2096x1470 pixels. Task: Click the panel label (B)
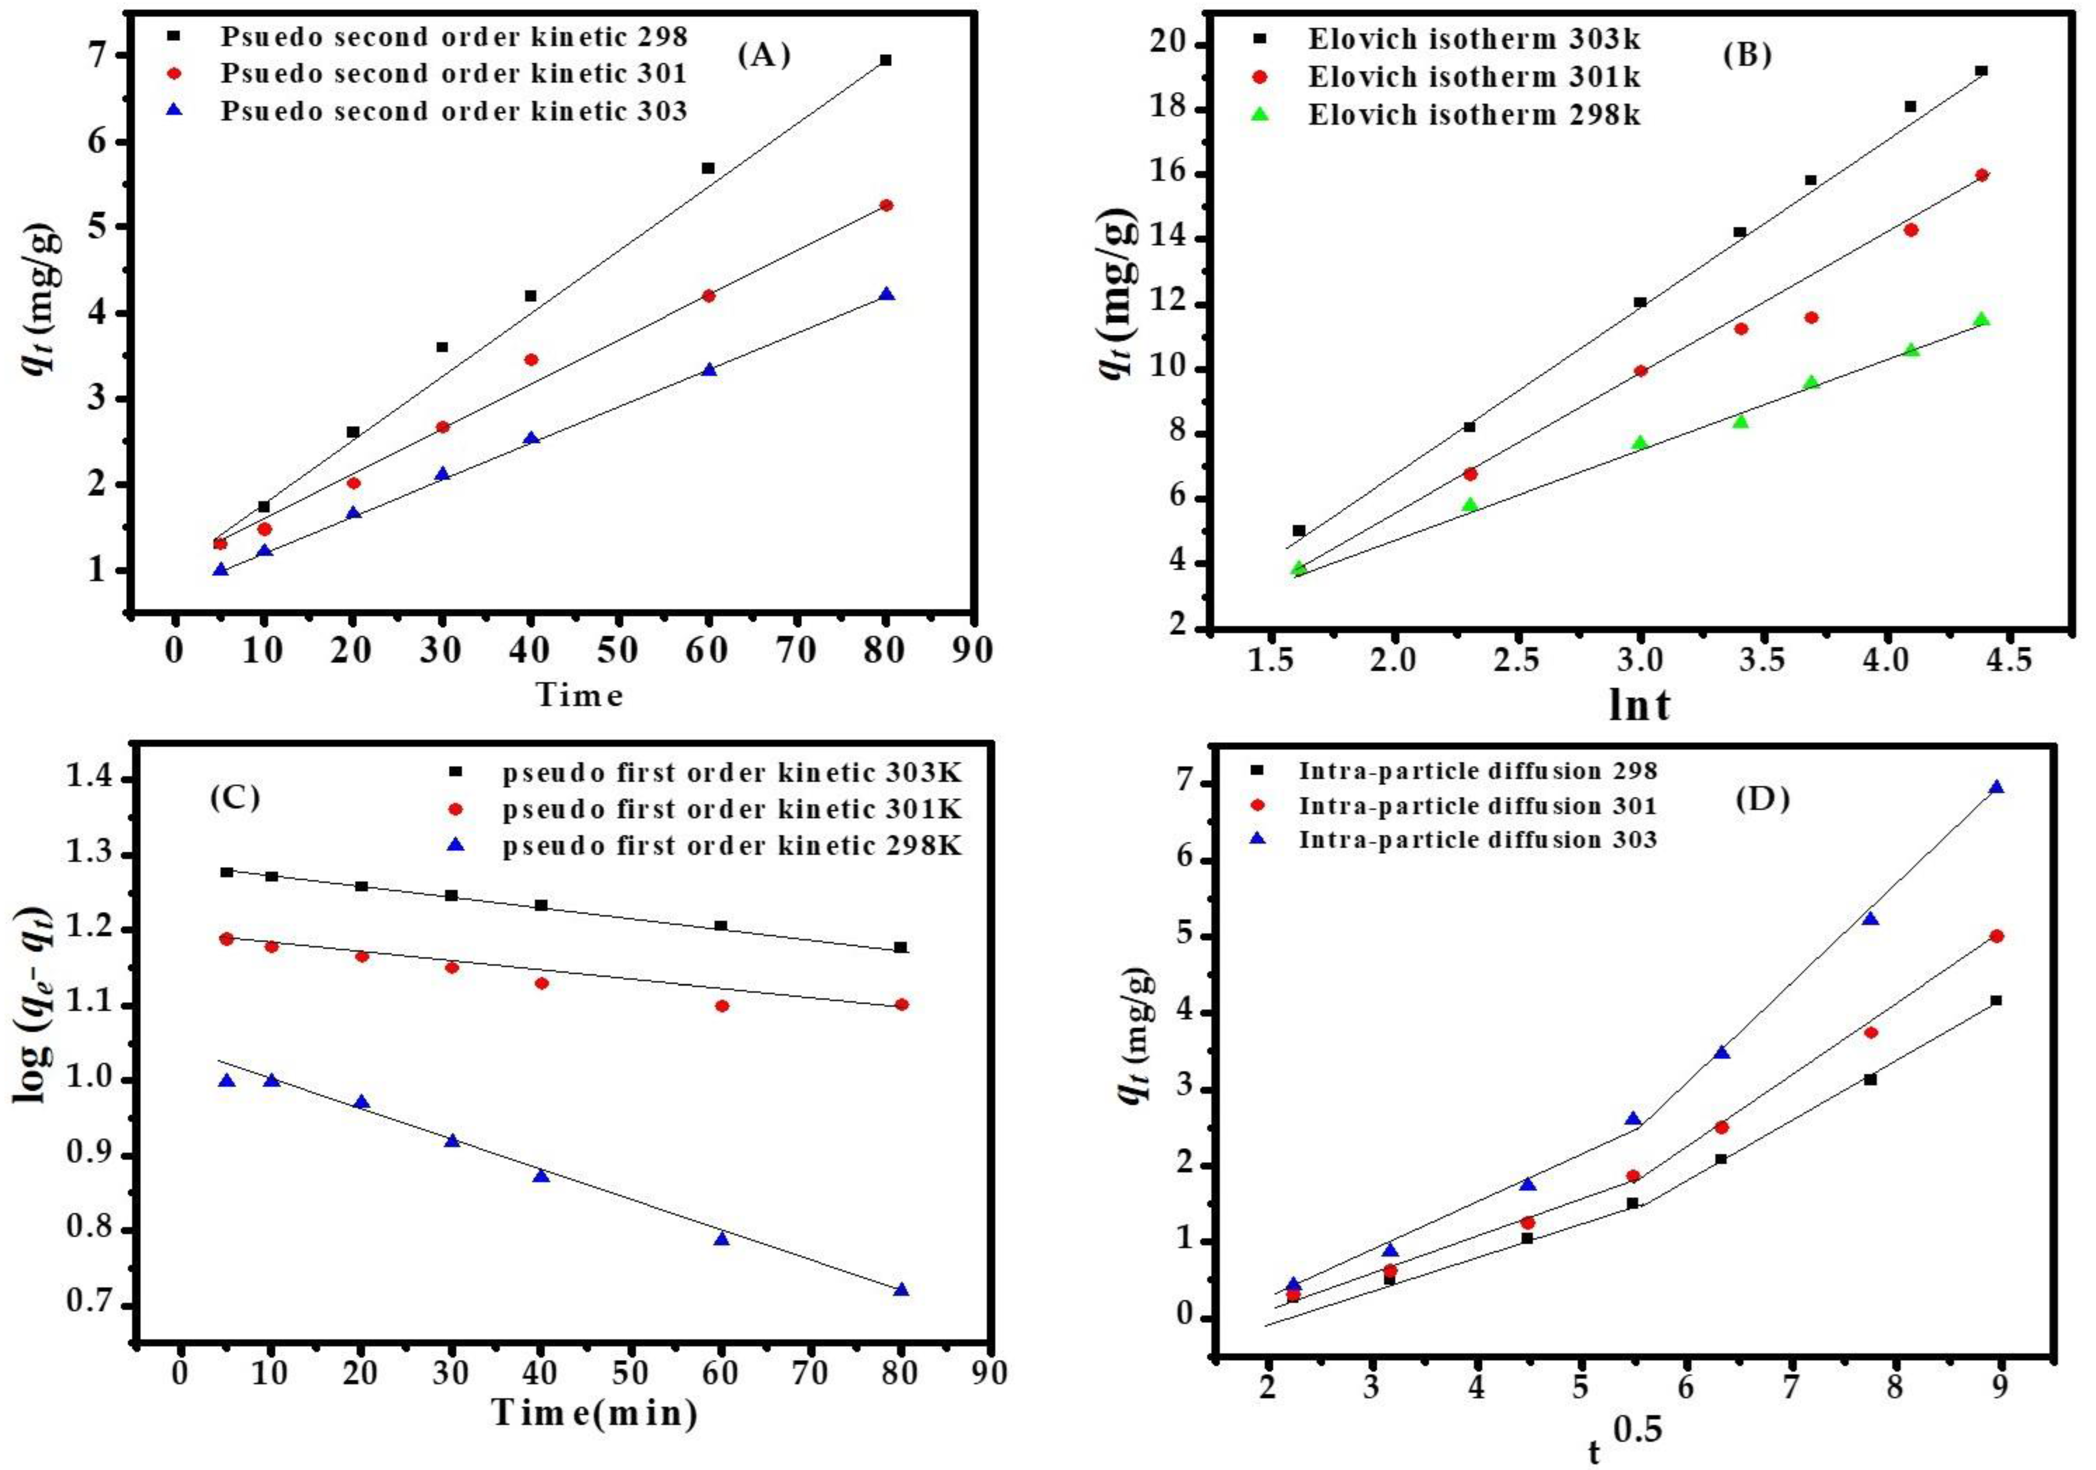coord(1747,56)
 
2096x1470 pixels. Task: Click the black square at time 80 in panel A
coord(885,60)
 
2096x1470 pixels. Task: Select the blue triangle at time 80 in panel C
coord(901,1289)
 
